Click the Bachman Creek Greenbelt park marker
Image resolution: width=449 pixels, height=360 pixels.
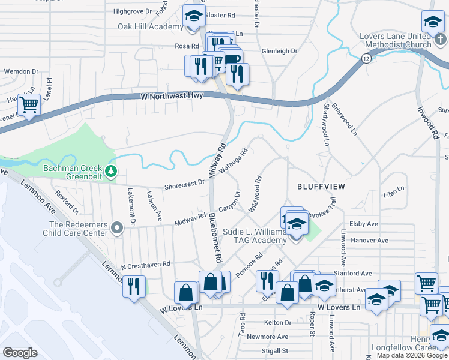[x=110, y=172]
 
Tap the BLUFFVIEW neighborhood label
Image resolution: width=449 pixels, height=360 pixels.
[x=321, y=187]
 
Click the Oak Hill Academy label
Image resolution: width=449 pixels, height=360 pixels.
[x=149, y=27]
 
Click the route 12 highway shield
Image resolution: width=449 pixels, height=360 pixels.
[x=366, y=58]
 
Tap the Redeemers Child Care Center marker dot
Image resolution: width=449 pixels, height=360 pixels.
[x=118, y=227]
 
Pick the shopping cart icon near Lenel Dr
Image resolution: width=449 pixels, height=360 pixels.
[x=29, y=106]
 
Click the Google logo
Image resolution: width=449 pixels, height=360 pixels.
[x=20, y=352]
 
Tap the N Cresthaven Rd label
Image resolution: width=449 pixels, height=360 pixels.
[x=146, y=264]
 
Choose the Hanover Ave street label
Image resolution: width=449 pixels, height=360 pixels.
[x=369, y=241]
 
